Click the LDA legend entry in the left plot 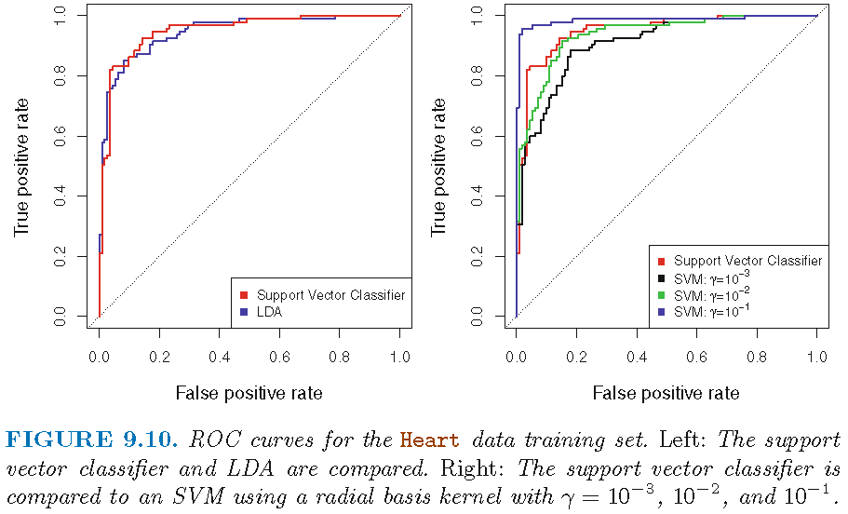click(269, 313)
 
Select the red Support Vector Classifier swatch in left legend click(243, 296)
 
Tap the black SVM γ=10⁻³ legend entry click(705, 277)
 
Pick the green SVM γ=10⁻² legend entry click(705, 294)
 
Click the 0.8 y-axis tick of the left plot click(58, 75)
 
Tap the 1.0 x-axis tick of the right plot click(817, 356)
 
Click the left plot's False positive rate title click(249, 393)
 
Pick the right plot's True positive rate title click(439, 165)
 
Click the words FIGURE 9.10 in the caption click(91, 439)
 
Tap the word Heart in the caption click(430, 439)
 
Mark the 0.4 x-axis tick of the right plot click(637, 356)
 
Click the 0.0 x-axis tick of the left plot click(99, 356)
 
